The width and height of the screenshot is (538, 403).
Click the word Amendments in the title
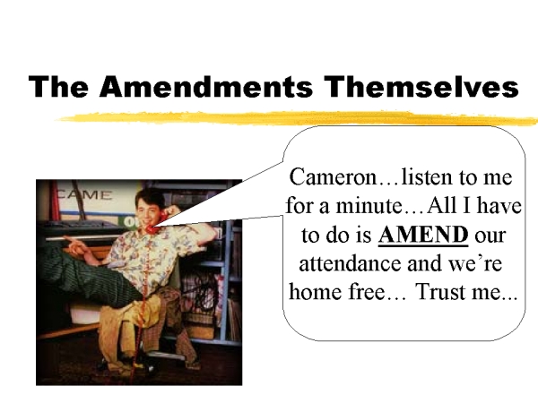206,86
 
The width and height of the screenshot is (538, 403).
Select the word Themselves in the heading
421,86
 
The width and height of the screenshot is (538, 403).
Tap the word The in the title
58,86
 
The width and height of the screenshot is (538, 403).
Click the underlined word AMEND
423,235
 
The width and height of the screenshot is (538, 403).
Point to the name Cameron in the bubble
333,177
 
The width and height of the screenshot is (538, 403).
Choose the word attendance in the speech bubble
351,264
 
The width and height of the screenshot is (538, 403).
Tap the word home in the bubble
316,292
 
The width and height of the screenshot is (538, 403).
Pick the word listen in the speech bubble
427,177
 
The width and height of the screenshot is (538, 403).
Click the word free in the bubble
367,292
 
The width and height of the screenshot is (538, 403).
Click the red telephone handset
155,223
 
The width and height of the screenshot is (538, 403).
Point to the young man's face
146,210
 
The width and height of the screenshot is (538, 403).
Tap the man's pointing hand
74,244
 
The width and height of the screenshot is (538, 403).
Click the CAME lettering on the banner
84,195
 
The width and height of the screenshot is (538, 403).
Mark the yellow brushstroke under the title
297,118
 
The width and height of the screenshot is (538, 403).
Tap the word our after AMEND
490,236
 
